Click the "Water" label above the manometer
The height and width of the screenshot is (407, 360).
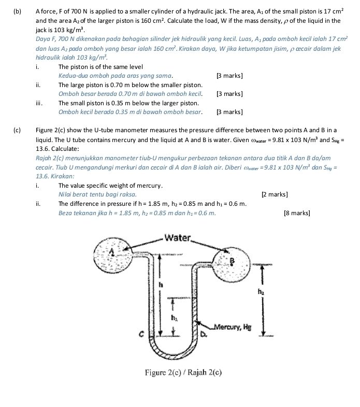[x=177, y=238]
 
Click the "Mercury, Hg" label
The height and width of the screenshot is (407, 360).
[x=234, y=327]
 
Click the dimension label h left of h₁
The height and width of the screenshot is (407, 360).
[x=160, y=284]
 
